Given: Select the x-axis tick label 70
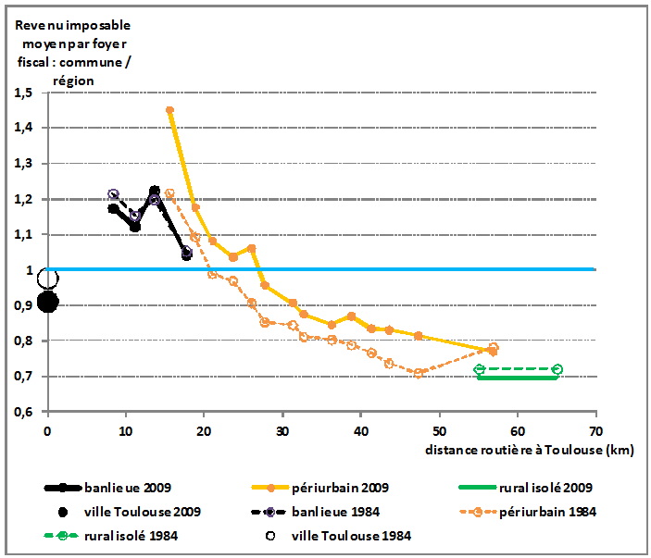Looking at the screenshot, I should click(595, 431).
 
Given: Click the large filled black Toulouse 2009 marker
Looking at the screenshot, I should click(48, 302).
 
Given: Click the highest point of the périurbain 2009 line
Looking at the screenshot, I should click(170, 110).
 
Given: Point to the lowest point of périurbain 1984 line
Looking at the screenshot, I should click(419, 373).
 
